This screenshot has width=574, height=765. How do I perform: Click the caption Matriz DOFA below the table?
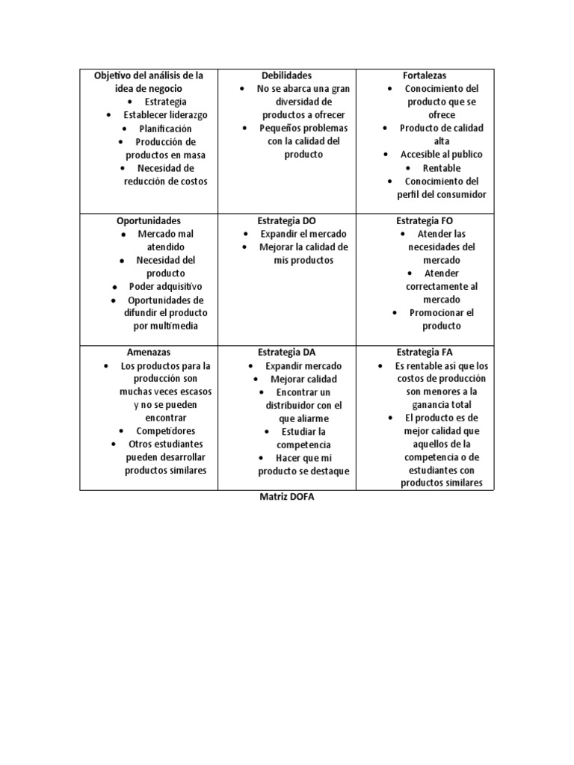[286, 498]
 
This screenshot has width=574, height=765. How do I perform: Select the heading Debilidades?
[286, 75]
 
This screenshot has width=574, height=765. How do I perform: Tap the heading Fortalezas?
[425, 75]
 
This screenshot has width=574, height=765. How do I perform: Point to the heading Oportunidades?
[149, 221]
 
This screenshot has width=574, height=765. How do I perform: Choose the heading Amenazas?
[149, 352]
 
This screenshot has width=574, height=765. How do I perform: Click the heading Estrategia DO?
[286, 221]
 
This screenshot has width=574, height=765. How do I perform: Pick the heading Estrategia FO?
[425, 221]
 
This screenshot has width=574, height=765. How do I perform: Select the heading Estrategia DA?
[286, 352]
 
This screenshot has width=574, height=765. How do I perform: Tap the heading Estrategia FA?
[425, 352]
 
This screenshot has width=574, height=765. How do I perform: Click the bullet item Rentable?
[442, 168]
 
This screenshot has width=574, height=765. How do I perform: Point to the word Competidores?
[166, 431]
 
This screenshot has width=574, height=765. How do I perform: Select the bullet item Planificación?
[165, 128]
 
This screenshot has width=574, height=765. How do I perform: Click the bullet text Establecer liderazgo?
[166, 115]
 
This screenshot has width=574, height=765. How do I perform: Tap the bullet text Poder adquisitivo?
[166, 286]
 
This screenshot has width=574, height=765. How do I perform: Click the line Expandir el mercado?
[303, 234]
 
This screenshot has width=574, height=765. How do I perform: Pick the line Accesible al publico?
[442, 155]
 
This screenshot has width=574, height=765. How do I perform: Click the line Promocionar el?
[442, 313]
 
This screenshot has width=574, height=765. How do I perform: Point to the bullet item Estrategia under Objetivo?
[166, 102]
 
